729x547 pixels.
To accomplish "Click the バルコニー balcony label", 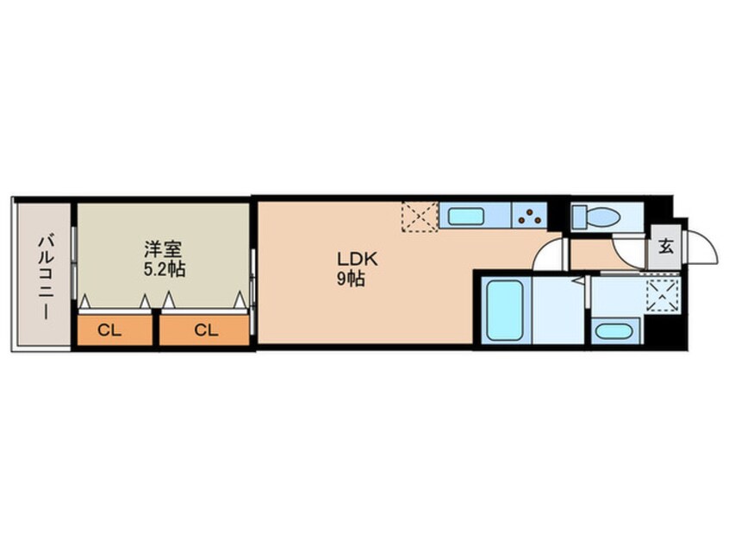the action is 46,278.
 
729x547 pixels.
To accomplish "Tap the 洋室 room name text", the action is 162,249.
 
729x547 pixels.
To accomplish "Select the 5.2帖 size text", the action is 164,269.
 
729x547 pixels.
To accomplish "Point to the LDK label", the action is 357,260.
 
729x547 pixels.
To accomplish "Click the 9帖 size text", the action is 351,280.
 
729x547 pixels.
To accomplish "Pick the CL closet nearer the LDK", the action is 204,330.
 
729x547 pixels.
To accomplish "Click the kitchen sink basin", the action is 466,216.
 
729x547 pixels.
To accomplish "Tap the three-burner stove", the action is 529,215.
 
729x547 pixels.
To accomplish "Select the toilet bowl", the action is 603,217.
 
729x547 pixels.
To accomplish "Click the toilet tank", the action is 579,217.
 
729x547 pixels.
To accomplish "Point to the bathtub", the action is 504,310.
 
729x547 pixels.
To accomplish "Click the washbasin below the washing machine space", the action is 614,332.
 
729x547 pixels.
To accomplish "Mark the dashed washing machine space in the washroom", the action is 663,296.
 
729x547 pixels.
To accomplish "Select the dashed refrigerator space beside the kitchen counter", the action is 420,216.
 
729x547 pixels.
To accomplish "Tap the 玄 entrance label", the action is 665,246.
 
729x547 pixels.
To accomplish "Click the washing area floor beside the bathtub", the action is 558,310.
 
